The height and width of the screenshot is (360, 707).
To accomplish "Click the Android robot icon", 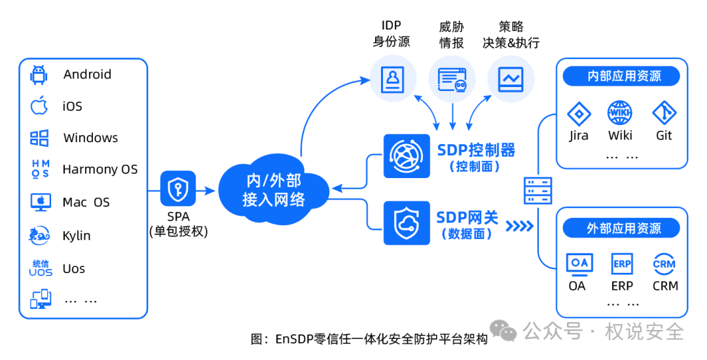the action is click(x=39, y=75).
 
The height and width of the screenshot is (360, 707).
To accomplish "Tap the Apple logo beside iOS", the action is click(x=39, y=105).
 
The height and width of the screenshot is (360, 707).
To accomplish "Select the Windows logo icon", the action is click(x=39, y=138).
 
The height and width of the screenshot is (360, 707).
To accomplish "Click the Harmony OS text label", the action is click(x=100, y=170).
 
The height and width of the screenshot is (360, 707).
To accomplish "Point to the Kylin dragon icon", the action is click(x=39, y=235).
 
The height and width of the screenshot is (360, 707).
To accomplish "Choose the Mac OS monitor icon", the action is click(x=41, y=202).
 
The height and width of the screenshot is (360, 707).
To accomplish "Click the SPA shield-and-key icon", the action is click(x=178, y=189).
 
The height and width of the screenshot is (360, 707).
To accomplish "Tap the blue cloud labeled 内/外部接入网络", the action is click(x=274, y=189).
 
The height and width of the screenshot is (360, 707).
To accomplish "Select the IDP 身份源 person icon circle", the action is click(x=393, y=79).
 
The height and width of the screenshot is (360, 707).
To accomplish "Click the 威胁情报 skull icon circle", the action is click(x=452, y=79).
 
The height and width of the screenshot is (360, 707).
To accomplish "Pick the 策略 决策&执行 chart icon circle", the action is click(x=511, y=79).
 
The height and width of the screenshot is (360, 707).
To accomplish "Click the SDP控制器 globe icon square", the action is click(x=407, y=156).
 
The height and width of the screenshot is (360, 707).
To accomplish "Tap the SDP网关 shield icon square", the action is click(x=407, y=223).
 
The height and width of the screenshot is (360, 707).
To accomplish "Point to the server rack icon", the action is click(x=538, y=190).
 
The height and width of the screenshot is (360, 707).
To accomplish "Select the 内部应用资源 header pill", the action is click(x=621, y=76).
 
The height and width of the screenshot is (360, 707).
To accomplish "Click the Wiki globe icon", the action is click(x=620, y=113).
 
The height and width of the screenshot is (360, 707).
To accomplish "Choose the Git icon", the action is click(x=664, y=113).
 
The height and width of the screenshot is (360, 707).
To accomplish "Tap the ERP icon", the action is click(x=622, y=264).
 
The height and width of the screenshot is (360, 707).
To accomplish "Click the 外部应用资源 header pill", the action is click(x=621, y=228).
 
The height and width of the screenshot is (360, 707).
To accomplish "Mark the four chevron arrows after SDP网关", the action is click(x=519, y=225).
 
